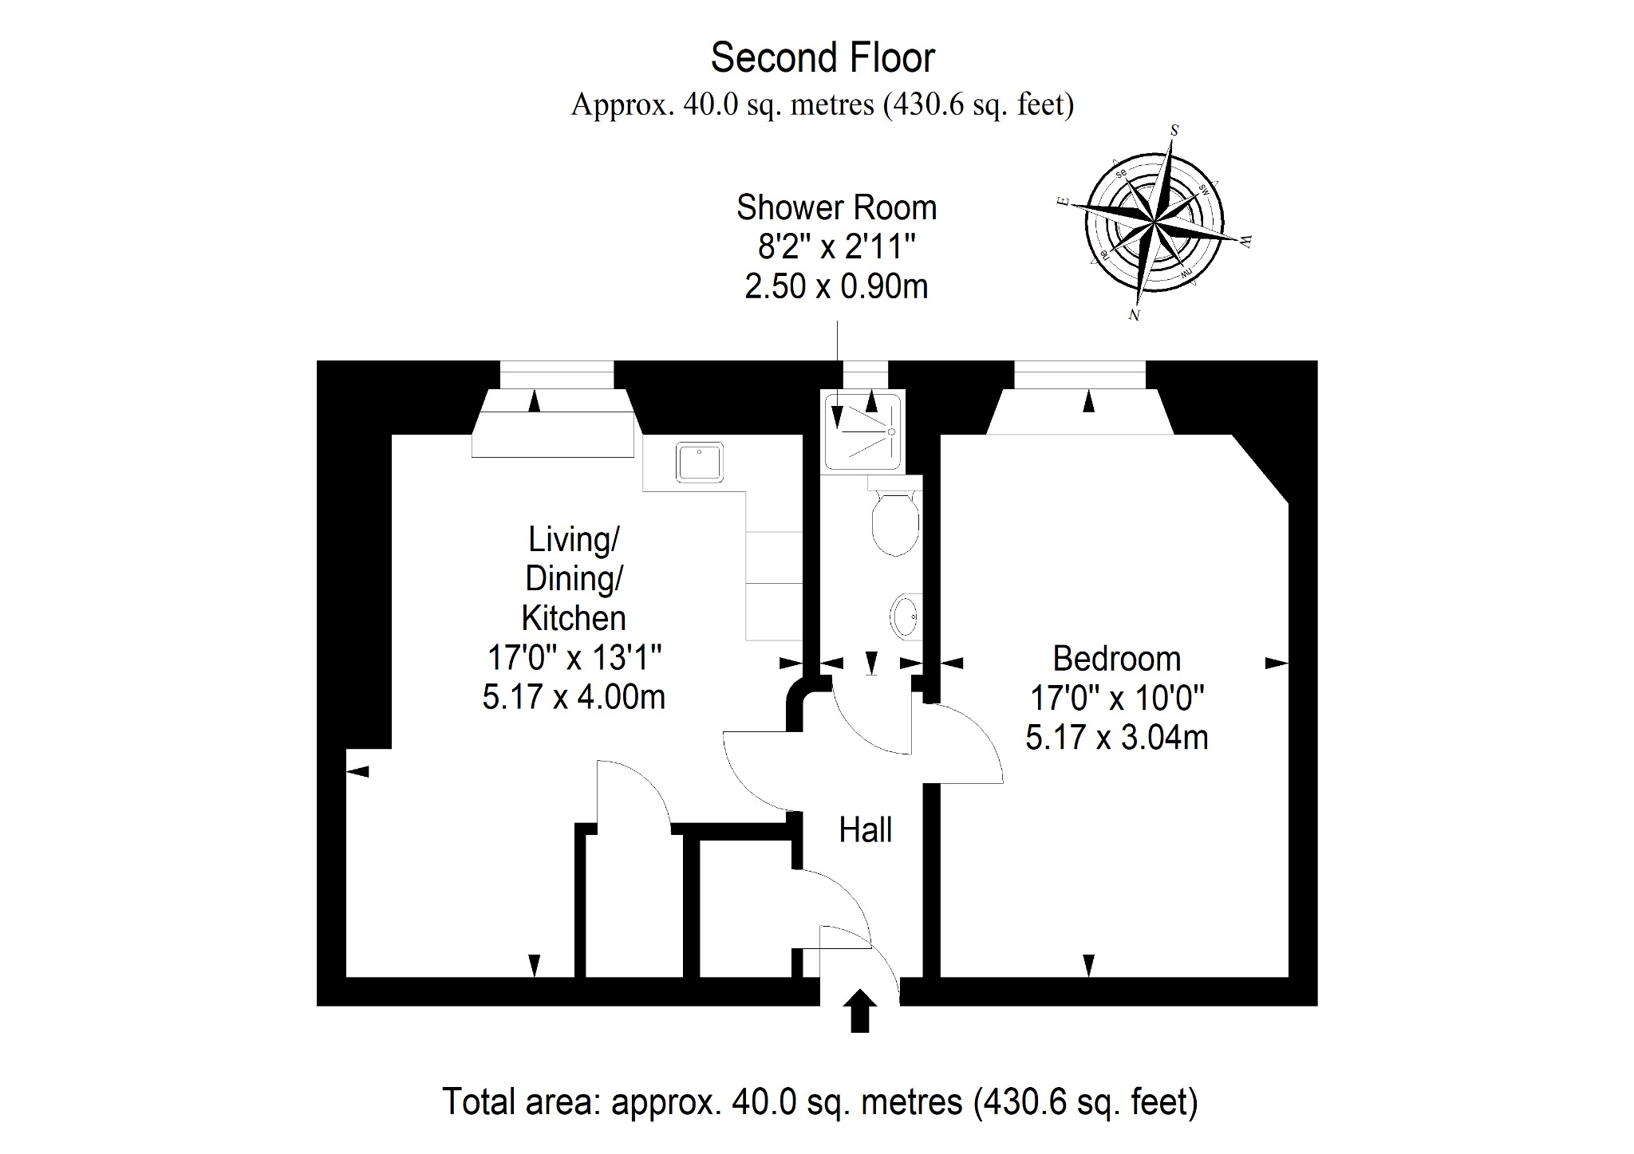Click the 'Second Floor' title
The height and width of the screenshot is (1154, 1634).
point(823,58)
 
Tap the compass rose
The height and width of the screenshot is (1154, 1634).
point(1155,222)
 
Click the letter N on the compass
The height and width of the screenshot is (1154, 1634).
point(1134,315)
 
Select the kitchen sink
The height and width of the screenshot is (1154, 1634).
point(700,463)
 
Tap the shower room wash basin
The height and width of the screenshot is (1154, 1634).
point(906,616)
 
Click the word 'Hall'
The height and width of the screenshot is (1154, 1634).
point(865,830)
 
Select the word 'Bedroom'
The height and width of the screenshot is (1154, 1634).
point(1116,660)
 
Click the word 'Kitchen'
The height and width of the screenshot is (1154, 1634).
point(574,618)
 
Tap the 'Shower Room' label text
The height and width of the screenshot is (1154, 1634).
point(836,207)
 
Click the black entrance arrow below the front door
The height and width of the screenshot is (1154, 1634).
point(859,1011)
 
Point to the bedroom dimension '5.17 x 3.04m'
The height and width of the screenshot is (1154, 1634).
point(1116,738)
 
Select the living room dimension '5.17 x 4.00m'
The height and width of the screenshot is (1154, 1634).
point(574,697)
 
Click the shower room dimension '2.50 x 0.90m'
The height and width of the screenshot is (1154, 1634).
point(836,286)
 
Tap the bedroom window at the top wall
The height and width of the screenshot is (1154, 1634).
point(1079,375)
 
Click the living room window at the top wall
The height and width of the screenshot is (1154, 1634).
point(557,375)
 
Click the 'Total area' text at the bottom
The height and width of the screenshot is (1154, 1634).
point(819,1102)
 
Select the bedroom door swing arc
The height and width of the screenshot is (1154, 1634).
point(980,735)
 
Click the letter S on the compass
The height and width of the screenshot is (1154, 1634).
point(1174,129)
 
